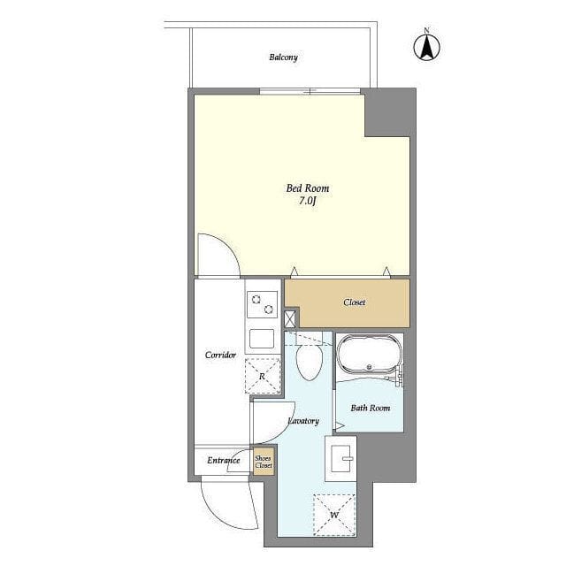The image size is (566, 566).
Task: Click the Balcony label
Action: pyautogui.click(x=283, y=57)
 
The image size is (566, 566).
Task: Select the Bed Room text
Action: pyautogui.click(x=308, y=188)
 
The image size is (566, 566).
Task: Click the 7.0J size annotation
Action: pyautogui.click(x=307, y=201)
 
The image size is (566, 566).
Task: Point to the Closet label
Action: pyautogui.click(x=354, y=302)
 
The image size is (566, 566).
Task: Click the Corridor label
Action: pyautogui.click(x=220, y=355)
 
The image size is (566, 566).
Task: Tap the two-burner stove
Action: pyautogui.click(x=262, y=304)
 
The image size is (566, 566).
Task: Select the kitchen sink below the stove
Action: pyautogui.click(x=262, y=339)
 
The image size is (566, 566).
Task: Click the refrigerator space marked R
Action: pyautogui.click(x=263, y=376)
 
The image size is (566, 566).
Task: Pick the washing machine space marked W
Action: pyautogui.click(x=334, y=515)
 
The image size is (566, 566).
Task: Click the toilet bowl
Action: pyautogui.click(x=309, y=362)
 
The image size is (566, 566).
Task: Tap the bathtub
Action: pyautogui.click(x=370, y=354)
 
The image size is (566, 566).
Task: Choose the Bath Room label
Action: pyautogui.click(x=371, y=408)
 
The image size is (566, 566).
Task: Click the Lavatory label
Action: pyautogui.click(x=303, y=421)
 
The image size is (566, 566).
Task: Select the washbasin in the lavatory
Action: pyautogui.click(x=340, y=458)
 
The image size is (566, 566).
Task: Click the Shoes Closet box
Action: pyautogui.click(x=264, y=462)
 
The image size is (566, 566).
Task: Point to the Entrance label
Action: pyautogui.click(x=224, y=460)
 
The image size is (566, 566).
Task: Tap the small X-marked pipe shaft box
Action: pyautogui.click(x=290, y=319)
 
